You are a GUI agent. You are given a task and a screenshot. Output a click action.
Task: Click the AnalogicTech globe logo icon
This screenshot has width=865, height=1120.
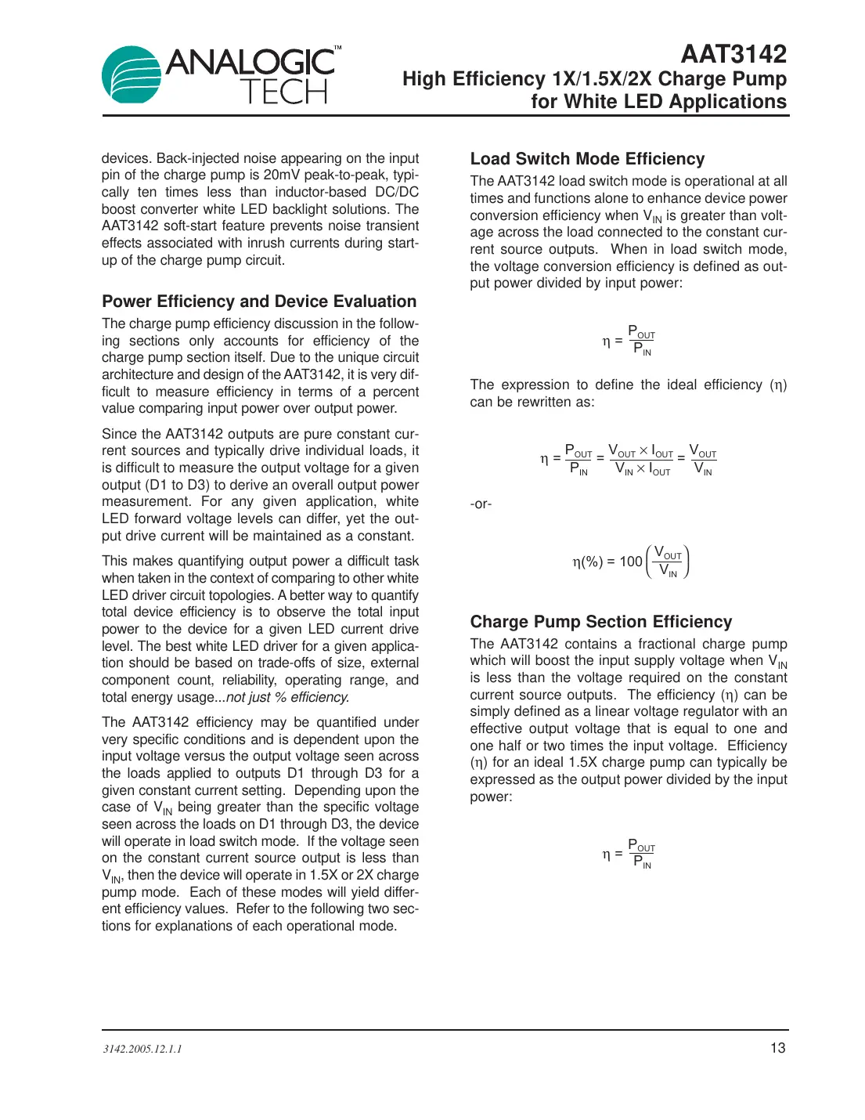(x=131, y=74)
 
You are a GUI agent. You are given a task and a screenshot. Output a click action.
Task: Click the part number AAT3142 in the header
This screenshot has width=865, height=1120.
(x=733, y=54)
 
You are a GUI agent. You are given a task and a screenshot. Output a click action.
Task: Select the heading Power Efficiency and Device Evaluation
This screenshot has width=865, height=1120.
(x=259, y=302)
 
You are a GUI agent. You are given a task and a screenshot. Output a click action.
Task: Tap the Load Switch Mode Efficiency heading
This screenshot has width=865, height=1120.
(x=587, y=159)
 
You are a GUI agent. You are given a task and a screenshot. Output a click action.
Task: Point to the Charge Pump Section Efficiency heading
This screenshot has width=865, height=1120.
(x=600, y=622)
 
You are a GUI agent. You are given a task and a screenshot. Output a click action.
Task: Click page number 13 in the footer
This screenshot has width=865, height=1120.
(x=777, y=1048)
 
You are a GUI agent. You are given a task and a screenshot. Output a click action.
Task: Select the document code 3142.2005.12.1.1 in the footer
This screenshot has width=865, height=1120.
(x=142, y=1049)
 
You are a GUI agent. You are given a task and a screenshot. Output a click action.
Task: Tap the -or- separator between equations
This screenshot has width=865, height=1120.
(x=481, y=504)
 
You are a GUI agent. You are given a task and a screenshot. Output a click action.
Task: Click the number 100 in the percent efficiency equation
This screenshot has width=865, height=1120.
(x=630, y=562)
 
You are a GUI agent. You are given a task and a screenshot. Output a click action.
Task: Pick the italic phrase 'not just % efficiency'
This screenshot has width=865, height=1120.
(x=287, y=697)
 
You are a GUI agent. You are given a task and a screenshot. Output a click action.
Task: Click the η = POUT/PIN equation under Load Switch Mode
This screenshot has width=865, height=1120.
(x=629, y=341)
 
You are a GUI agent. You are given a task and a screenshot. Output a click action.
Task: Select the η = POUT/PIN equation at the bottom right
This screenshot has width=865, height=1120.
(x=629, y=854)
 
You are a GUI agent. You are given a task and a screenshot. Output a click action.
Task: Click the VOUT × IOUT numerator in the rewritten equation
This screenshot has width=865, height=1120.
(x=640, y=452)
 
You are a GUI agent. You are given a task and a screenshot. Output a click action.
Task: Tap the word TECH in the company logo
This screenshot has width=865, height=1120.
(x=283, y=92)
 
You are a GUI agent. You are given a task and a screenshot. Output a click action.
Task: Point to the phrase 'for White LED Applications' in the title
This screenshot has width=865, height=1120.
(x=658, y=102)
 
